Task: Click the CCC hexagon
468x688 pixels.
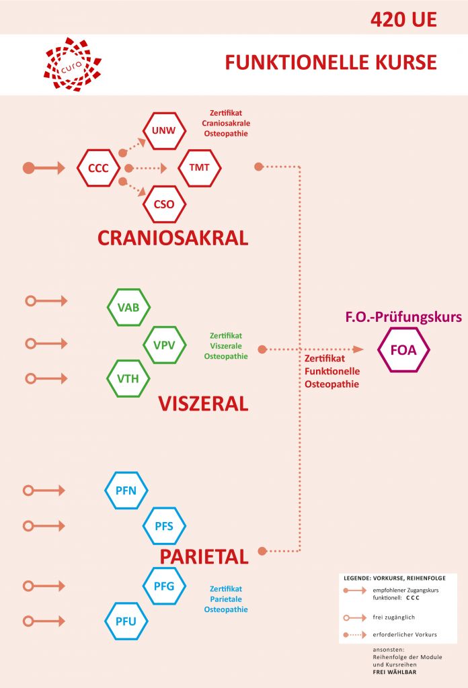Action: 98,168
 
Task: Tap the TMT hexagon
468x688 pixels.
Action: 199,167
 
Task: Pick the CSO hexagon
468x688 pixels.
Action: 164,204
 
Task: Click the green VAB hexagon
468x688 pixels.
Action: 128,307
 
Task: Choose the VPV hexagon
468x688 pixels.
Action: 165,344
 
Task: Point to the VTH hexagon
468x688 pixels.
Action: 128,378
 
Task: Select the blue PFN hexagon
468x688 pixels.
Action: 126,490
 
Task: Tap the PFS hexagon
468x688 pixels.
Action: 164,525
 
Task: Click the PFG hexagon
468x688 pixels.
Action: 164,586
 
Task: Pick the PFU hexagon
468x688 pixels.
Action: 126,621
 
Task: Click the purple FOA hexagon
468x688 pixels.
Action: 403,349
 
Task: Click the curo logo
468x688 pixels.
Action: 72,64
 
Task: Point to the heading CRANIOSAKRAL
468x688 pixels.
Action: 173,238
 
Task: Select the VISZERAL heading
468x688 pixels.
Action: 203,403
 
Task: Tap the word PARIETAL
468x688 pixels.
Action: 204,556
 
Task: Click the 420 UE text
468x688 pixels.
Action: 403,19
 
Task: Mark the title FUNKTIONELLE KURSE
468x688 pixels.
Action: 331,62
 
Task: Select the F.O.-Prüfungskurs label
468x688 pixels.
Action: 403,316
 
